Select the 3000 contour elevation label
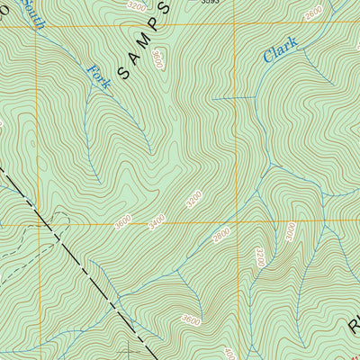(x=291, y=230)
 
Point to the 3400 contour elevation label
(x=156, y=219)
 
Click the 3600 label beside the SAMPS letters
(x=158, y=60)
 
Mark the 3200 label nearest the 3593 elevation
(x=137, y=6)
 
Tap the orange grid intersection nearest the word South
(x=37, y=26)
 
